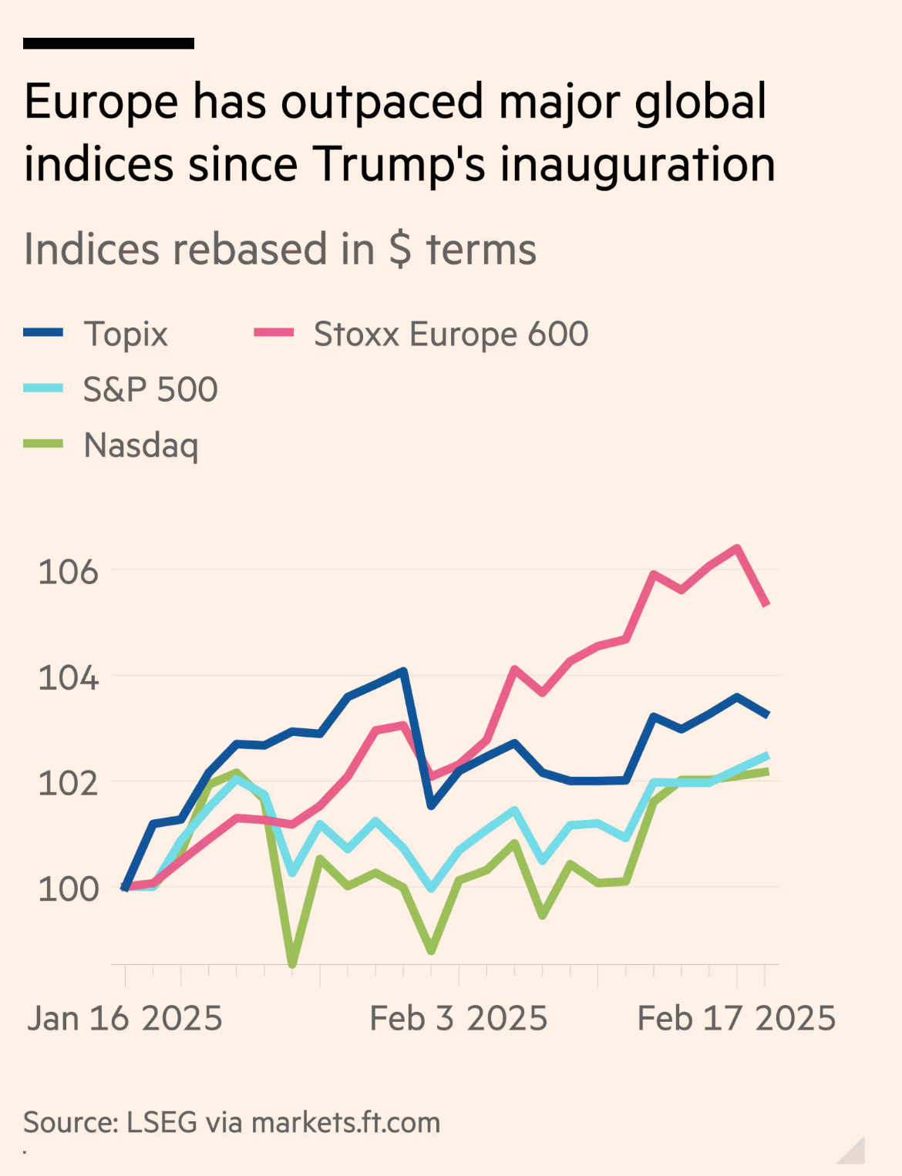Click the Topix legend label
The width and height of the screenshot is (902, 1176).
click(126, 334)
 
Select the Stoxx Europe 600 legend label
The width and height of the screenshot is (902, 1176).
click(451, 334)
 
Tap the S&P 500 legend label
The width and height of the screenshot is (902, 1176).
click(150, 390)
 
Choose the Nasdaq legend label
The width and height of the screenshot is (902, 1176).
click(141, 445)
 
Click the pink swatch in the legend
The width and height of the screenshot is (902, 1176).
click(274, 333)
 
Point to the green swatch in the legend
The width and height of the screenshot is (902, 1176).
click(43, 444)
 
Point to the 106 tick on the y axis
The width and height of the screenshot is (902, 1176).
click(69, 572)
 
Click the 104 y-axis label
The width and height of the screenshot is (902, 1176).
click(69, 678)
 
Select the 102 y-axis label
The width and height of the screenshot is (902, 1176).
click(69, 784)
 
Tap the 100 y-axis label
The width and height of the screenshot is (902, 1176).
click(69, 889)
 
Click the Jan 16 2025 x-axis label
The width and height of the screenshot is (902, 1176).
click(125, 1019)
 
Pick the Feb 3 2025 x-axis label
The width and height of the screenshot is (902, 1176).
click(459, 1019)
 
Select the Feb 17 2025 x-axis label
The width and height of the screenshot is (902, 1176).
click(736, 1019)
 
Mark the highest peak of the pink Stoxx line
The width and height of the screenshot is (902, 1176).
click(738, 548)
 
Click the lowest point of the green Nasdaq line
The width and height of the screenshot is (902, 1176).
click(292, 963)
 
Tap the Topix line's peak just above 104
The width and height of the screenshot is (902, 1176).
click(403, 670)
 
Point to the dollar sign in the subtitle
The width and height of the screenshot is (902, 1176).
click(400, 250)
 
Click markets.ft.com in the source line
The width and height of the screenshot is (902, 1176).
click(345, 1123)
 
